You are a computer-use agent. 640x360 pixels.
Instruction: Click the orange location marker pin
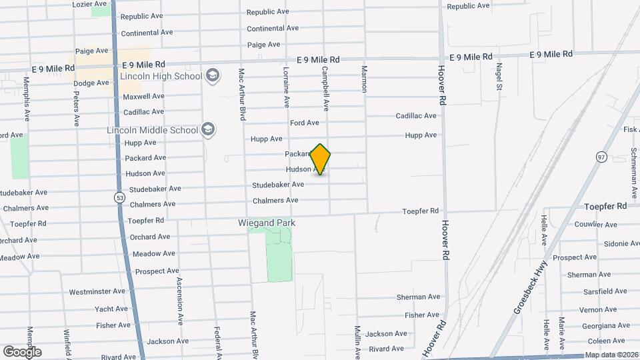pyautogui.click(x=321, y=159)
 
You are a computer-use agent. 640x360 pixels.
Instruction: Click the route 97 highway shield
pyautogui.click(x=602, y=157)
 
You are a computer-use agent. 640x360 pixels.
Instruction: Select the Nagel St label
pyautogui.click(x=498, y=77)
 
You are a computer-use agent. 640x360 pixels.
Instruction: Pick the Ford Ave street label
pyautogui.click(x=305, y=123)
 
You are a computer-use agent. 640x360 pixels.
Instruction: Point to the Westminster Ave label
pyautogui.click(x=97, y=291)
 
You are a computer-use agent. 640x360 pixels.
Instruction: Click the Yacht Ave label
pyautogui.click(x=111, y=309)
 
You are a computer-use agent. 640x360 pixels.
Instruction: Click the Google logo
pyautogui.click(x=22, y=351)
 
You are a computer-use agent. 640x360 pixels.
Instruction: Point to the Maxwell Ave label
pyautogui.click(x=143, y=96)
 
